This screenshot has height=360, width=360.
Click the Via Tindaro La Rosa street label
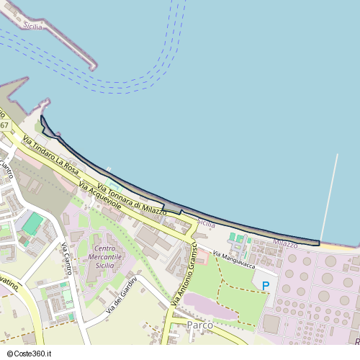click(50, 153)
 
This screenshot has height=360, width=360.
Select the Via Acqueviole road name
click(101, 191)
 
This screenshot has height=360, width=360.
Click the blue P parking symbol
click(266, 286)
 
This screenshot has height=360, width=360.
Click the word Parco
click(199, 325)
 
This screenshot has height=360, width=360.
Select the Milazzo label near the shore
click(285, 245)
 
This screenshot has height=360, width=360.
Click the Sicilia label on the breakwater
click(33, 26)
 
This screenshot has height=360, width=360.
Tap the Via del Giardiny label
click(122, 295)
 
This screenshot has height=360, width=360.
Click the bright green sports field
click(32, 223)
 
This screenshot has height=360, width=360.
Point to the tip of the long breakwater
click(94, 68)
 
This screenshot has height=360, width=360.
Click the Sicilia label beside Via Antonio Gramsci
click(207, 225)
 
